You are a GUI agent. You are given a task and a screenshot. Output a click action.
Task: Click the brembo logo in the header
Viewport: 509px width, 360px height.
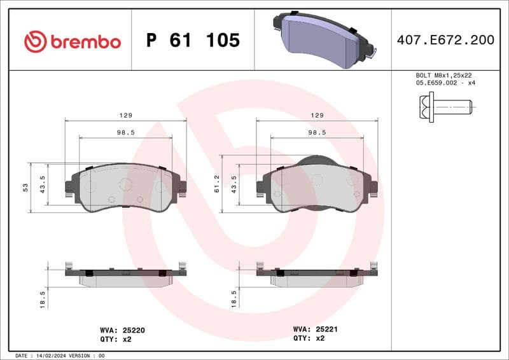[x=72, y=41]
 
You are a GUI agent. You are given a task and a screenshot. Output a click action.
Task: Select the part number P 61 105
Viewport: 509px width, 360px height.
[x=193, y=41]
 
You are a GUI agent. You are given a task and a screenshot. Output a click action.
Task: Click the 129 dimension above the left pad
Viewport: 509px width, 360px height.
[x=125, y=115]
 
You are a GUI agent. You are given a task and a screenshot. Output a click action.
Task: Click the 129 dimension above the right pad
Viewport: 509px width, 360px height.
[x=317, y=115]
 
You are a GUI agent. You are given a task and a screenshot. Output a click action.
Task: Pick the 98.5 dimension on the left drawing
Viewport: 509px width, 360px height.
[x=125, y=132]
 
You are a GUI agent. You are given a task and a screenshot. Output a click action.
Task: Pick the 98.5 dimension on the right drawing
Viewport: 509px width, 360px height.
[x=317, y=132]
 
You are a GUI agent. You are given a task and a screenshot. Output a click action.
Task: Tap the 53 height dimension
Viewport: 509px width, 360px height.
[x=26, y=187]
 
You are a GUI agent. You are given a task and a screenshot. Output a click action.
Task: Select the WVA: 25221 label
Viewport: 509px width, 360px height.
[x=316, y=329]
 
